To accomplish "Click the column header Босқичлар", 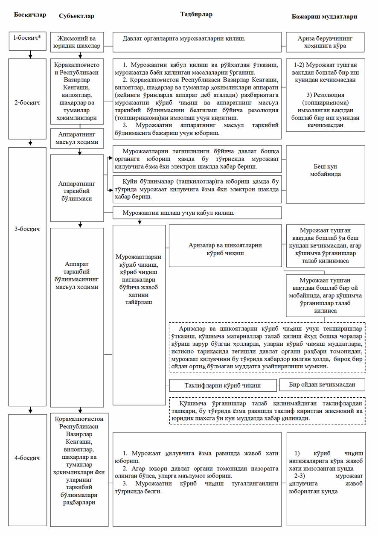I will click(x=30, y=15).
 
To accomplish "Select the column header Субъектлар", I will click(x=76, y=16).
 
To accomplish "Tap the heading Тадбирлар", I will click(x=197, y=15).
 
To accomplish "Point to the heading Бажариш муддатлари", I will click(x=325, y=16).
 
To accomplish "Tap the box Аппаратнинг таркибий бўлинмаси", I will click(x=77, y=187).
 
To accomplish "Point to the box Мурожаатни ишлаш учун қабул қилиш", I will click(x=197, y=212).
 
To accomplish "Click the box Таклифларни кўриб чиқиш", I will click(x=224, y=385).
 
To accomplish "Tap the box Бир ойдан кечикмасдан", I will click(x=322, y=384).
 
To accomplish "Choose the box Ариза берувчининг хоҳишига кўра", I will click(x=326, y=41).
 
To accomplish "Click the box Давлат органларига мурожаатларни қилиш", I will click(x=197, y=39).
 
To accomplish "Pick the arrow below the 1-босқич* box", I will click(x=30, y=54).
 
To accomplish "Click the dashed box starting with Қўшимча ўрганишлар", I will click(x=268, y=411).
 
